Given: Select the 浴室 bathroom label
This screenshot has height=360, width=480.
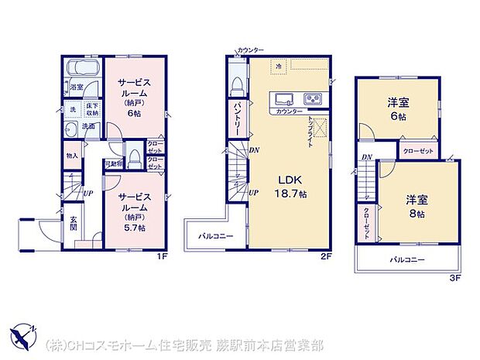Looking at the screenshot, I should click(x=76, y=87).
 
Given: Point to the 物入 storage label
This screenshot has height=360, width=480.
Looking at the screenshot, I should click(x=72, y=156).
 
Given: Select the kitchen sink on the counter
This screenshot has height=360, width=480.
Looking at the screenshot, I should click(x=283, y=99).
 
